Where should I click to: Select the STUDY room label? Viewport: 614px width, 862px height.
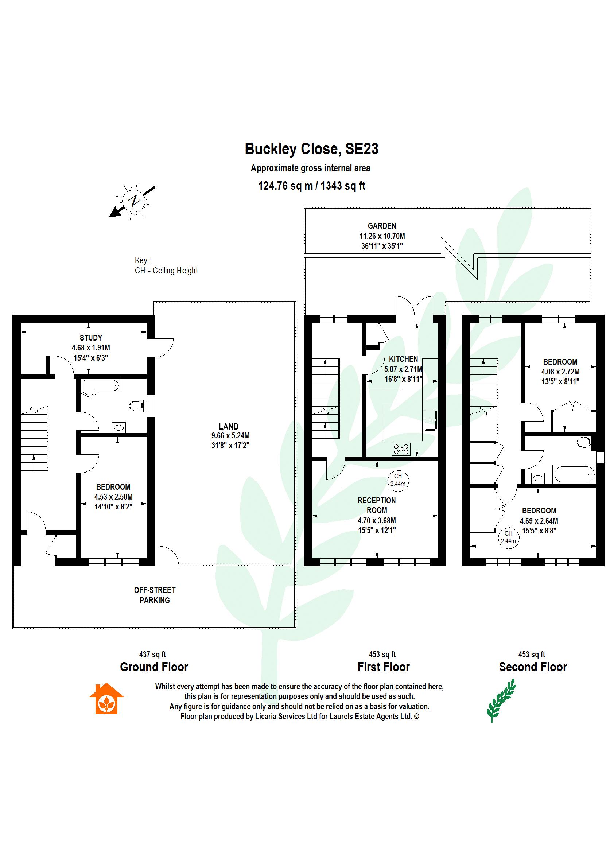[x=91, y=338]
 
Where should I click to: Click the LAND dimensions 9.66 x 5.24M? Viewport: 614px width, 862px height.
[x=230, y=435]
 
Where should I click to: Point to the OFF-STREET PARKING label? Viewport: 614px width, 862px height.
[x=155, y=595]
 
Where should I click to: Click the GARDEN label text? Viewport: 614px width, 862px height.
[x=382, y=226]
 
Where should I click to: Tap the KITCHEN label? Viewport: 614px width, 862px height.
[x=403, y=359]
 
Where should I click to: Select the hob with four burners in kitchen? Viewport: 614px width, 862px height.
[x=401, y=449]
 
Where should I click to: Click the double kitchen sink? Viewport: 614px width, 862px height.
[x=430, y=420]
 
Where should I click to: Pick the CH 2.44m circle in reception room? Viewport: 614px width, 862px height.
[x=398, y=480]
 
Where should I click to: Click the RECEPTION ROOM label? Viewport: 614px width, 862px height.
[x=377, y=505]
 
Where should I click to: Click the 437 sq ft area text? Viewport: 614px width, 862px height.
[x=152, y=654]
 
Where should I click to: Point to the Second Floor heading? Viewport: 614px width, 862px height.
[x=533, y=667]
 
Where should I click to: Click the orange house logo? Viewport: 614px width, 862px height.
[x=106, y=698]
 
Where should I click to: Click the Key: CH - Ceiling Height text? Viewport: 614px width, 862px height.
[x=166, y=266]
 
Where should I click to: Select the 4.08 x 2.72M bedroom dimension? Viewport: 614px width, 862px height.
[x=560, y=372]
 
